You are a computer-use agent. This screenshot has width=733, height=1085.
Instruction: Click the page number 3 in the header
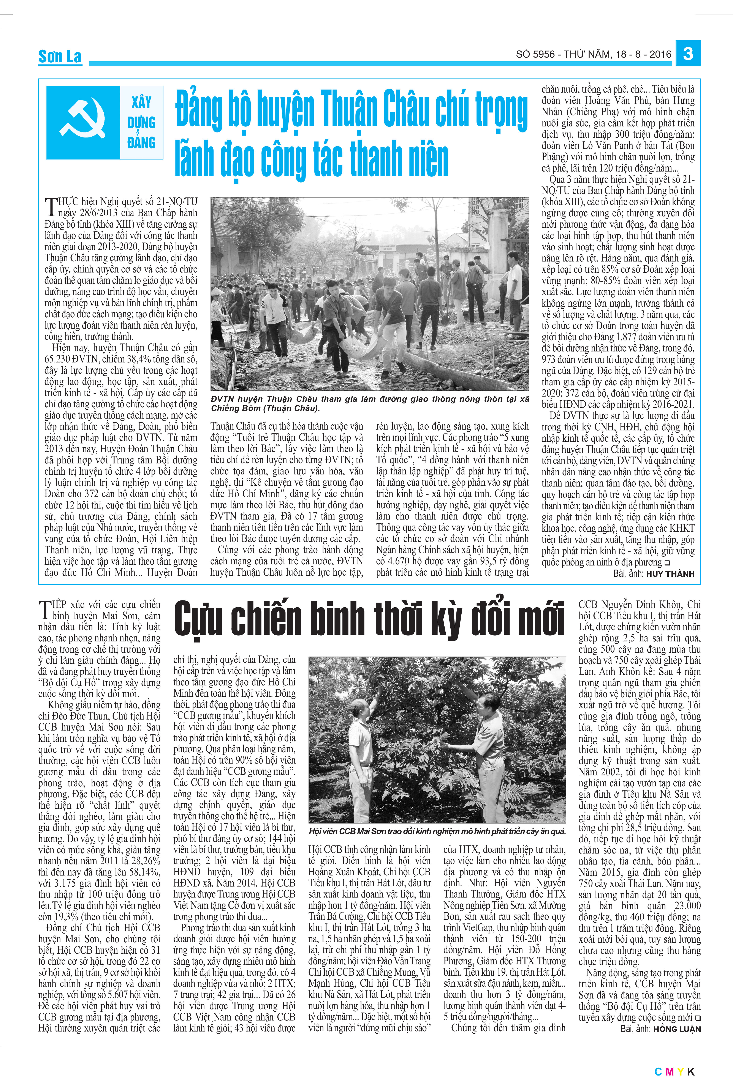pyautogui.click(x=688, y=53)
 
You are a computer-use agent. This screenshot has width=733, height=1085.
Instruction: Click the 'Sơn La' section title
pyautogui.click(x=60, y=57)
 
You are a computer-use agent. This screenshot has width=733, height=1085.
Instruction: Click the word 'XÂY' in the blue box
pyautogui.click(x=141, y=102)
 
